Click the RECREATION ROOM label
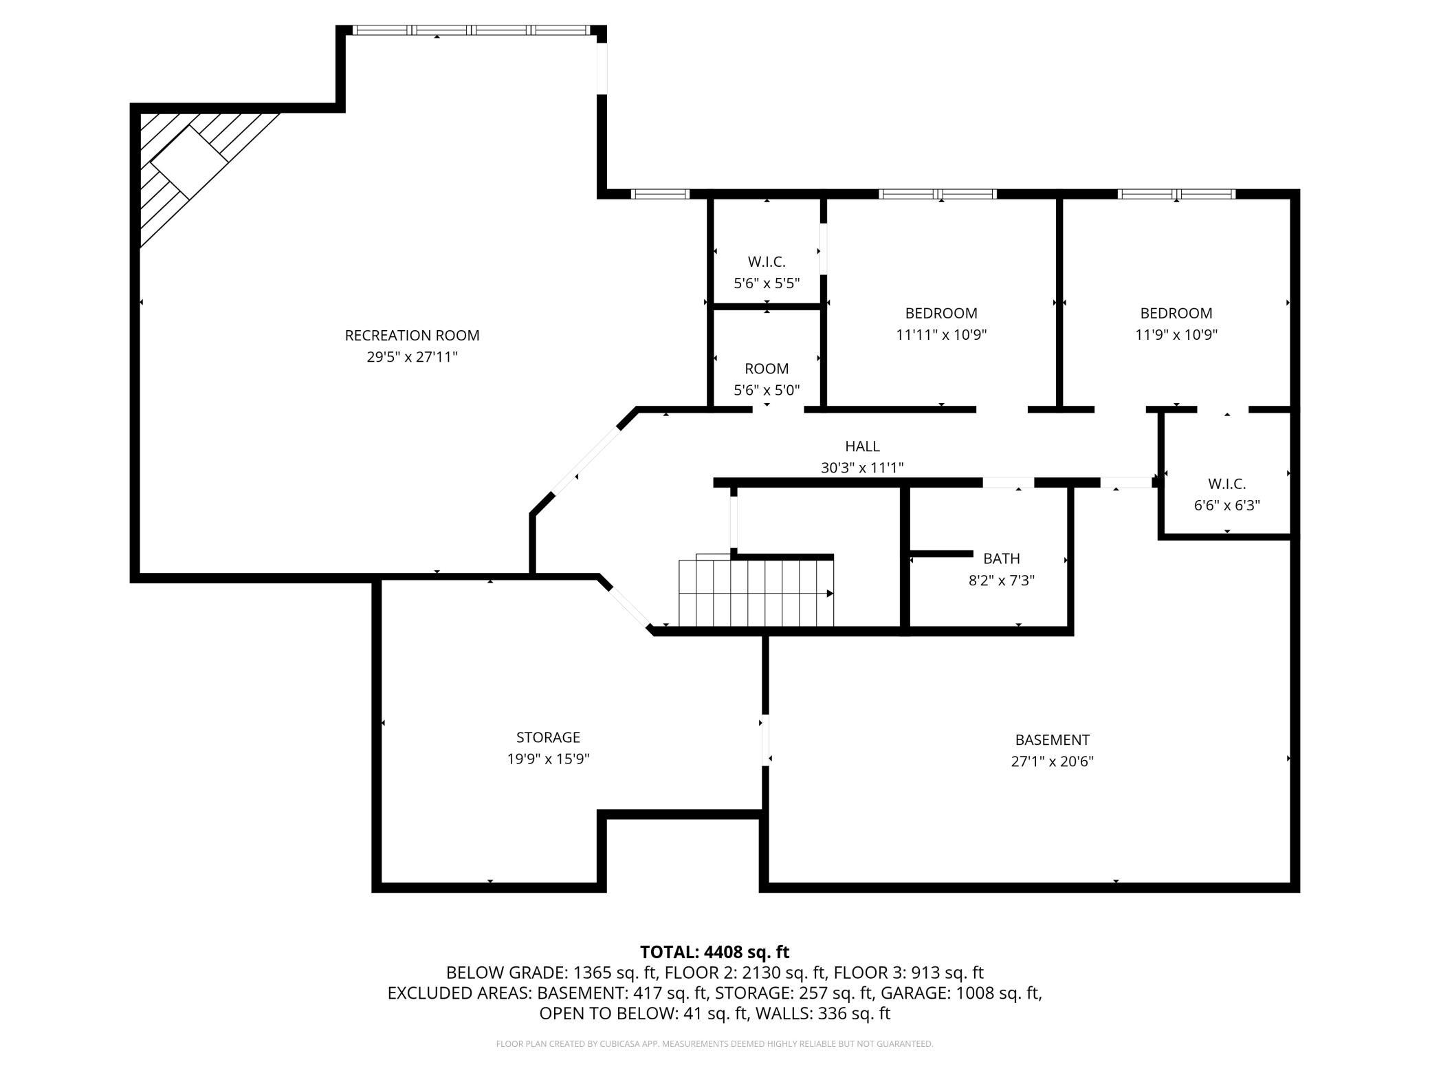coord(412,335)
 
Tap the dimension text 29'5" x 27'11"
coord(412,357)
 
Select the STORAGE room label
coord(548,737)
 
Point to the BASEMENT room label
coord(1052,740)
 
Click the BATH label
coord(1001,559)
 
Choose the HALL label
coord(862,446)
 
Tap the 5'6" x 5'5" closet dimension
coord(767,283)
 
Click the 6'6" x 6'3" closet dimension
coord(1226,506)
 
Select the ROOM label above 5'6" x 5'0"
coord(767,369)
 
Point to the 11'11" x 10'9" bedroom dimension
coord(941,335)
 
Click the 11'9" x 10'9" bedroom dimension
coord(1176,335)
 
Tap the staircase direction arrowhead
coord(830,594)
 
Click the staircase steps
coord(756,593)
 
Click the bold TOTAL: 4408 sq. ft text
coord(714,952)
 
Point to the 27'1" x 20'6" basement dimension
coord(1052,762)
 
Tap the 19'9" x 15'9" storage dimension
coord(548,759)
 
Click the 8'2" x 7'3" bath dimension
coord(1001,581)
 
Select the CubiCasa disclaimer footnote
coord(714,1044)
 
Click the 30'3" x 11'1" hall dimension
coord(862,468)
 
